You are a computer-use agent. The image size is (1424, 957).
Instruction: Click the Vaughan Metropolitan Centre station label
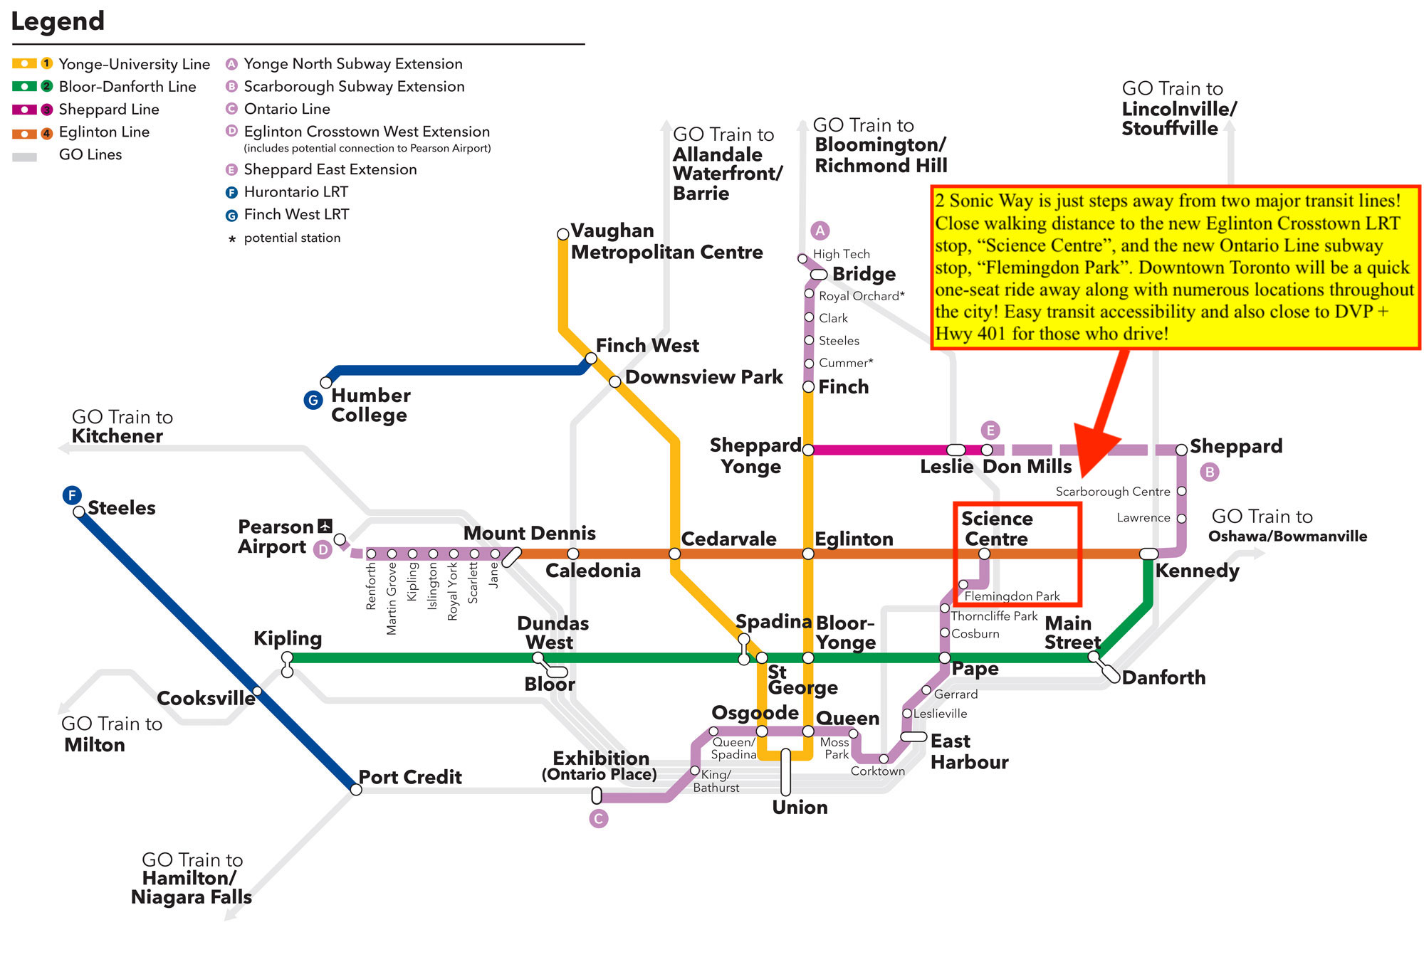[666, 242]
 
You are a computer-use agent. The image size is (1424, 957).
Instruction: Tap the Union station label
[800, 808]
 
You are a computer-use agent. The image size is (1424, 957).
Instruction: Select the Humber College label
[370, 405]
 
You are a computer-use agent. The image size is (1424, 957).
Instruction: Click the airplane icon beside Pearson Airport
[325, 526]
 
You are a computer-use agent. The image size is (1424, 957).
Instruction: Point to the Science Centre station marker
[984, 554]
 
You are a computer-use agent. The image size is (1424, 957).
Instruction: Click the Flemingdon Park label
[1012, 596]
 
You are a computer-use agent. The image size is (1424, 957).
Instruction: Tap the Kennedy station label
[1197, 571]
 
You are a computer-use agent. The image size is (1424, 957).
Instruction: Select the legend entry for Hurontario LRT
[295, 192]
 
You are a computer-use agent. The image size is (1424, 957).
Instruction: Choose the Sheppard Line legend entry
[108, 110]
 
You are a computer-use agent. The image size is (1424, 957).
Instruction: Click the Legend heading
[58, 21]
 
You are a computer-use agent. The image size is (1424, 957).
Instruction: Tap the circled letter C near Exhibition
[599, 819]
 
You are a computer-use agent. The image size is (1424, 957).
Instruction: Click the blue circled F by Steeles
[72, 495]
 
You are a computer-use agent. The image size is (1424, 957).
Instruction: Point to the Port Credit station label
[410, 777]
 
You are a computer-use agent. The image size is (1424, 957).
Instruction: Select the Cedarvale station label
[728, 539]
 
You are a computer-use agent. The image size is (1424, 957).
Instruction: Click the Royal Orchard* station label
[862, 296]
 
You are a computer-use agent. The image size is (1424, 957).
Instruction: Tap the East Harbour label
[969, 751]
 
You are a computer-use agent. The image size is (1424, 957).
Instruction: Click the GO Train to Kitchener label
[117, 426]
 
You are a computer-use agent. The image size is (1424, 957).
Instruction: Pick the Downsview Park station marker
[615, 382]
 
